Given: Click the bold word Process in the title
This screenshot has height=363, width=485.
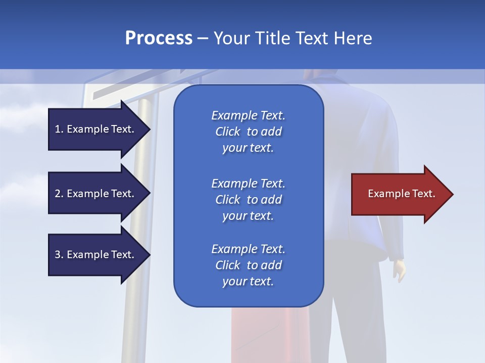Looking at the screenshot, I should [159, 38].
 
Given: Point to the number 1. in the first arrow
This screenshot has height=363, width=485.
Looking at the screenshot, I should [59, 130].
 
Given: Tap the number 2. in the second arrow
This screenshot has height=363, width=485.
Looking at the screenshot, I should [59, 194].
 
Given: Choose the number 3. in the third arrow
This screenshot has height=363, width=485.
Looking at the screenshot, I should [59, 255].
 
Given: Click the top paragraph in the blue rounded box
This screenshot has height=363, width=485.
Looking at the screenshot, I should [248, 132].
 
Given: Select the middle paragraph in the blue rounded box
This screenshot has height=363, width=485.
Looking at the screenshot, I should [248, 200].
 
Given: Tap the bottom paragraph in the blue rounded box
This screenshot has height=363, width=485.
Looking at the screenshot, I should [248, 265].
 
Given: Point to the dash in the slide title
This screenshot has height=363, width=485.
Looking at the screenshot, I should [203, 39].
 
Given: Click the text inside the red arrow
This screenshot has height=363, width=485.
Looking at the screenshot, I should [401, 194].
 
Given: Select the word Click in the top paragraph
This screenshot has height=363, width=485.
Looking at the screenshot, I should [228, 132].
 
